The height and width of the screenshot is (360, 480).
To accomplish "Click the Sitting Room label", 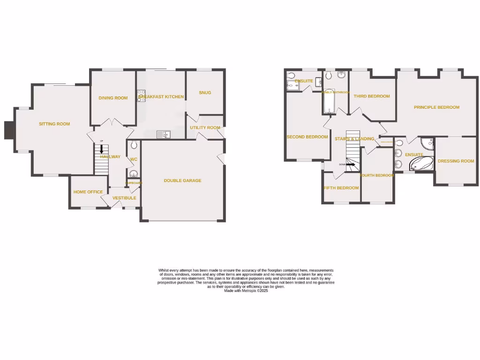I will click(x=54, y=124).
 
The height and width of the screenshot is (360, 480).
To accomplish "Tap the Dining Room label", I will click(x=113, y=98).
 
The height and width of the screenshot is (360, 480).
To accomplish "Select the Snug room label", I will click(x=205, y=92).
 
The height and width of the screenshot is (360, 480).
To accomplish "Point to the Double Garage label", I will click(x=182, y=180).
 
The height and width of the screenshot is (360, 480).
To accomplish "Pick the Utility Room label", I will click(x=205, y=127).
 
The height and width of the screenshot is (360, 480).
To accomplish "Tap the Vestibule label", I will click(x=124, y=198).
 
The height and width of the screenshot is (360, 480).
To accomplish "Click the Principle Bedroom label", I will click(x=436, y=107).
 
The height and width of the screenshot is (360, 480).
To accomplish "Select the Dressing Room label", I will click(x=456, y=161).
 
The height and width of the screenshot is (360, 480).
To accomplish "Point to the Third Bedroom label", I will click(x=372, y=96).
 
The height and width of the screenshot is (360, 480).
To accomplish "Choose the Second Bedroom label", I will click(x=307, y=137).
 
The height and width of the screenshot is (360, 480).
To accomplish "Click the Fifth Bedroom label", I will click(x=341, y=188).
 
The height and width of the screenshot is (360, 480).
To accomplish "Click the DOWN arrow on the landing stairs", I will click(x=351, y=165).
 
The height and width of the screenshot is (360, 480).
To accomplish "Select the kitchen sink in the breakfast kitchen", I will click(x=164, y=135).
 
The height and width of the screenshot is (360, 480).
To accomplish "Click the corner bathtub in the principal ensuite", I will click(x=422, y=163).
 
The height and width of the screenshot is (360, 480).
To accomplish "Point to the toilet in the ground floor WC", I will click(x=133, y=145).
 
